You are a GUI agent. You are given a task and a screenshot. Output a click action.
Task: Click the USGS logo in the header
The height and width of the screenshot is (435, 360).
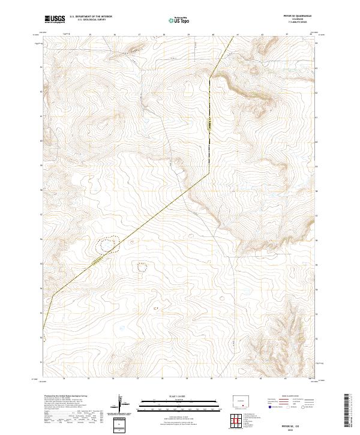(54, 19)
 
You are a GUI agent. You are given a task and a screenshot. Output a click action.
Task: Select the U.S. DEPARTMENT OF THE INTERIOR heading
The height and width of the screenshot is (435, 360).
(90, 17)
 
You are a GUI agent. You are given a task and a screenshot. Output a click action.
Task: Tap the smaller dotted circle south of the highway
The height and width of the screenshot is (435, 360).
(142, 267)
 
